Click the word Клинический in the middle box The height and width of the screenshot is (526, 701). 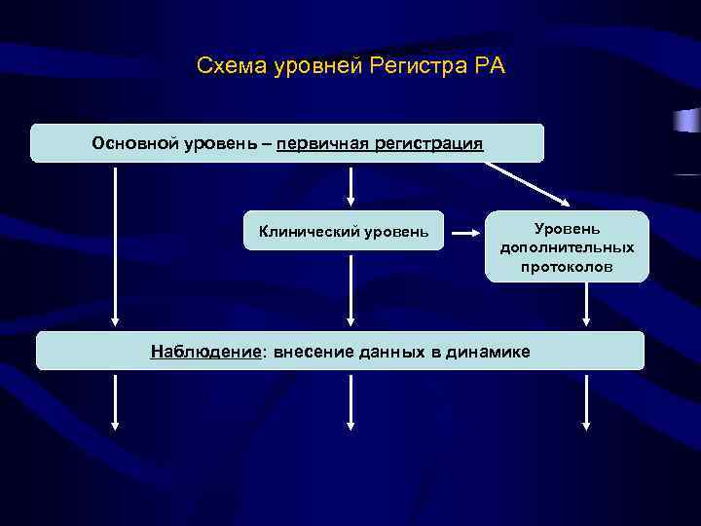pyautogui.click(x=308, y=231)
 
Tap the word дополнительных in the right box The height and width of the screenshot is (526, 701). pyautogui.click(x=567, y=247)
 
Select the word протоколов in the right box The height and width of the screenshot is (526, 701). pyautogui.click(x=567, y=266)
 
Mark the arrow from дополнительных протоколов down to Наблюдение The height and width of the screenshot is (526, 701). pyautogui.click(x=586, y=305)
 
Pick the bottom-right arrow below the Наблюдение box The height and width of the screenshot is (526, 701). pyautogui.click(x=586, y=400)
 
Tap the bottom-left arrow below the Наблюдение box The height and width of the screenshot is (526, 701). pyautogui.click(x=116, y=400)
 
